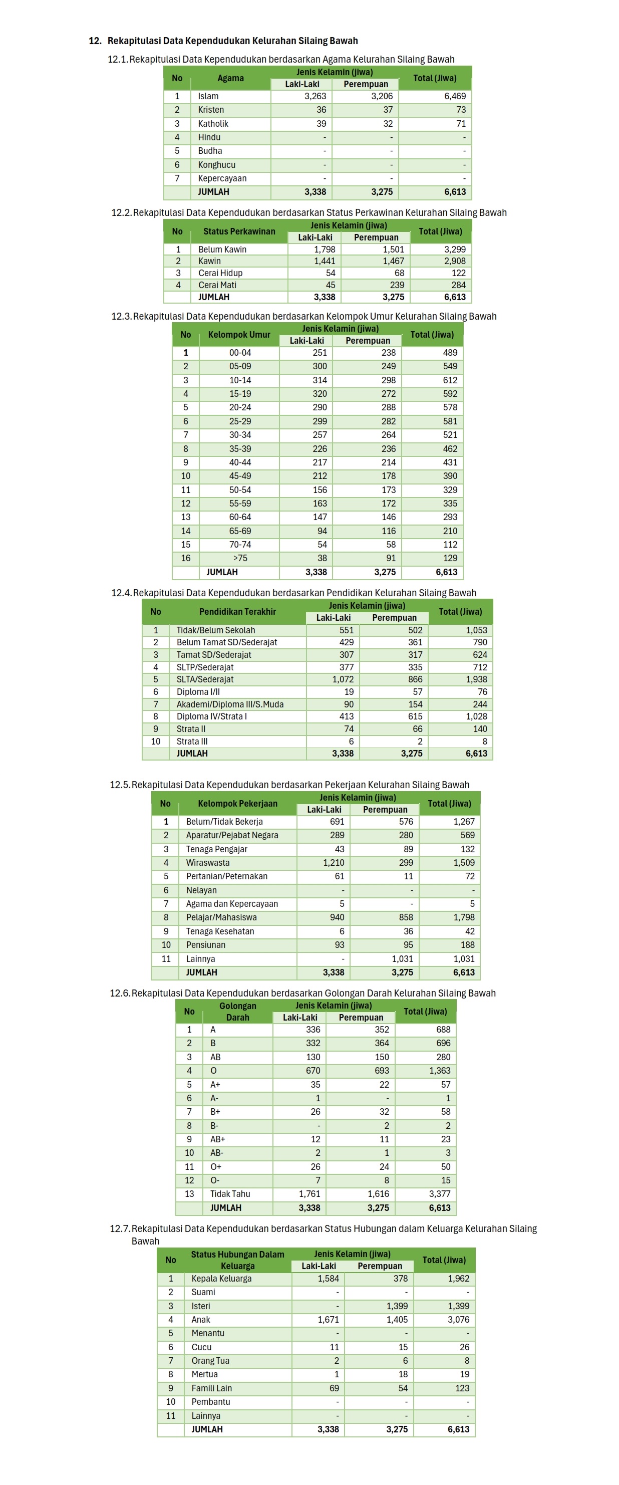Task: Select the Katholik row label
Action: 213,123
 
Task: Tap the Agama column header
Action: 230,78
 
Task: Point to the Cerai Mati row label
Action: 217,285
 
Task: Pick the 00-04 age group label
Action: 240,353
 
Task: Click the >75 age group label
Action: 240,558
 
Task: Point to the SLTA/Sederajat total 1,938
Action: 476,679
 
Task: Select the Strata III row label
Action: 192,741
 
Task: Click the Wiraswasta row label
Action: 207,862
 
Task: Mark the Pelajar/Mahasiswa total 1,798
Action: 463,917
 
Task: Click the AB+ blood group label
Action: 217,1139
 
